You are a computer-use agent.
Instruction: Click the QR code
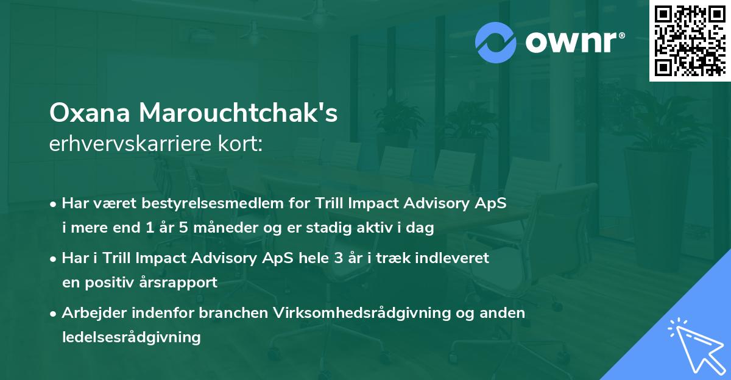pyautogui.click(x=690, y=41)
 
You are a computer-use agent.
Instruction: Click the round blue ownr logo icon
pyautogui.click(x=496, y=41)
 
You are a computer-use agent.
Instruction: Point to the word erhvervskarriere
pyautogui.click(x=121, y=144)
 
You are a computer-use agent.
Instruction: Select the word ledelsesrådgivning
pyautogui.click(x=132, y=337)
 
